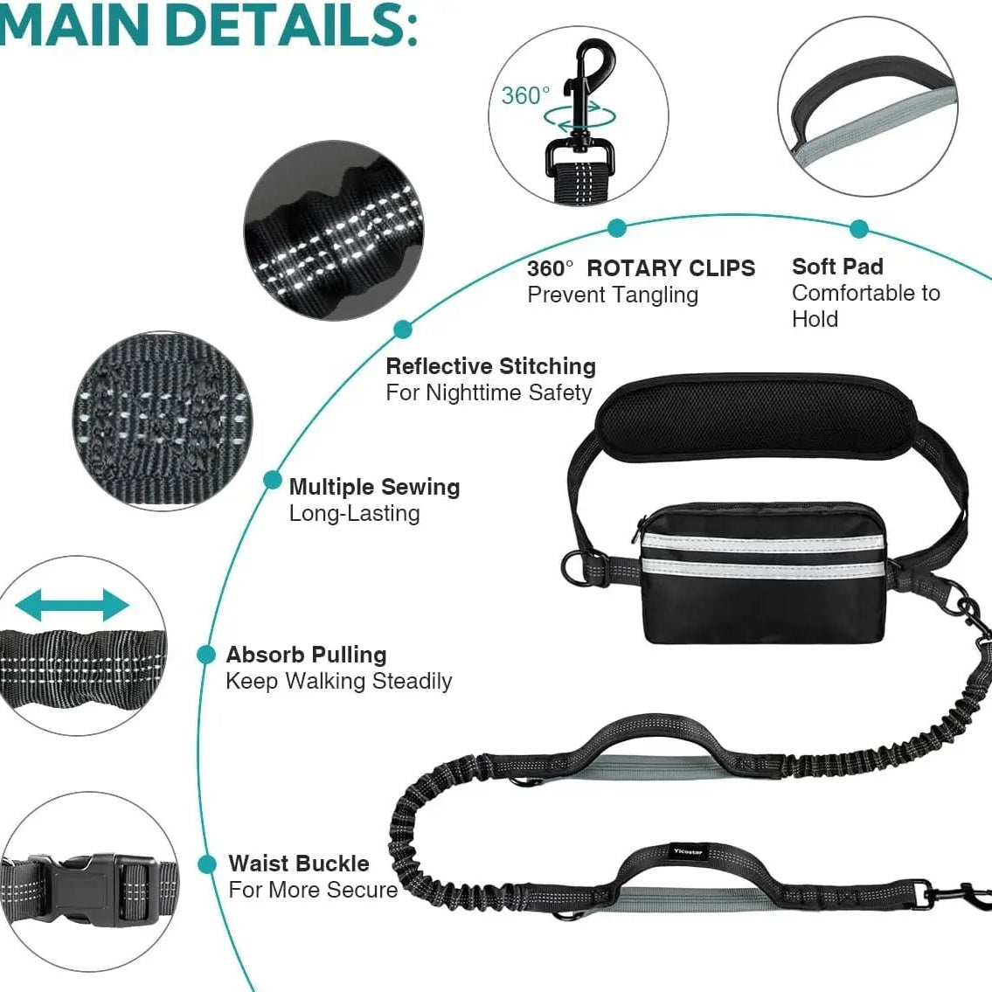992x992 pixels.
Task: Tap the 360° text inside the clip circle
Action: pos(525,95)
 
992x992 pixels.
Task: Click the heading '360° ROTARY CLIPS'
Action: pos(641,267)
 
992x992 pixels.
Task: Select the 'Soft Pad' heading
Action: pos(837,267)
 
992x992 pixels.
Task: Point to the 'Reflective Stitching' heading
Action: pos(491,366)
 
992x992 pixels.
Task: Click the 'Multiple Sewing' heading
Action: pos(375,487)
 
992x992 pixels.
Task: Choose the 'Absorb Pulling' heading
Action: pos(306,655)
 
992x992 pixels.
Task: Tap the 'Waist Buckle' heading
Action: pos(299,864)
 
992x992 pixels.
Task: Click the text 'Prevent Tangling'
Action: pos(613,295)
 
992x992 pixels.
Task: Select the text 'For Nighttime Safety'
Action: pos(489,393)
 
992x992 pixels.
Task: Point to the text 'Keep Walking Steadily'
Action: pos(339,682)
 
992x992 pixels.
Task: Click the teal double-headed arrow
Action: pos(73,606)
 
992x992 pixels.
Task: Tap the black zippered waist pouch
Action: pos(764,572)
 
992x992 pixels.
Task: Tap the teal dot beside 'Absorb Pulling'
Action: pos(206,655)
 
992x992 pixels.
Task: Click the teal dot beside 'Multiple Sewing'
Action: pos(272,481)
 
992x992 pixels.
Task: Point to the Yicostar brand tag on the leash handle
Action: pos(688,851)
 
